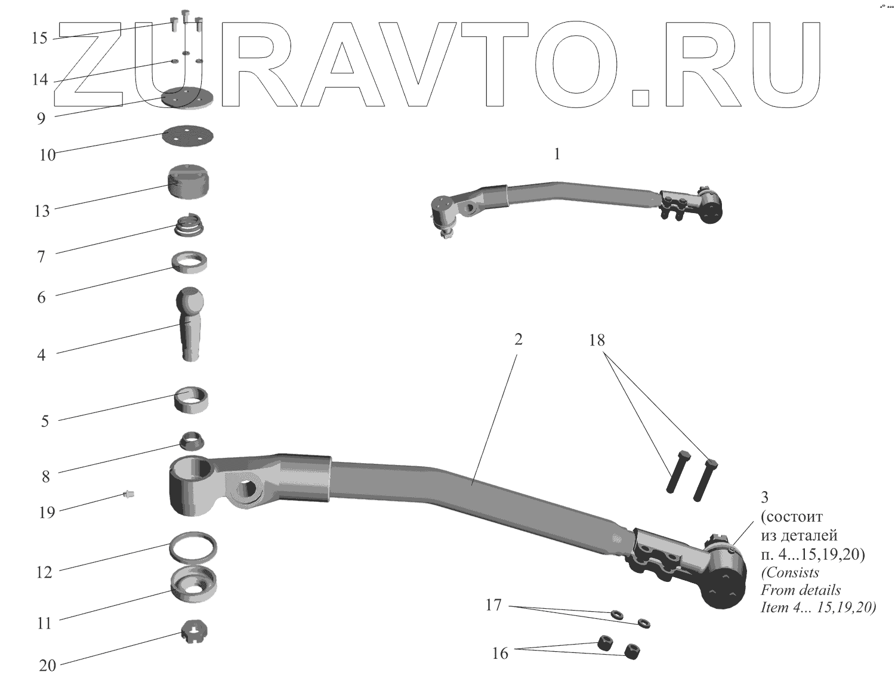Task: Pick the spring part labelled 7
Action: coord(190,226)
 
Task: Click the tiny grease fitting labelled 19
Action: coord(128,494)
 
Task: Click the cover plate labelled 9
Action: coord(187,98)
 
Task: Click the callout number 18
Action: coord(597,340)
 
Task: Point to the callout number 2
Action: coord(518,339)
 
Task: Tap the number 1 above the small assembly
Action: coord(557,155)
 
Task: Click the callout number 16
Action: coord(500,654)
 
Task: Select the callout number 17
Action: coord(493,605)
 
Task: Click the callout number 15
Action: coord(39,38)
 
